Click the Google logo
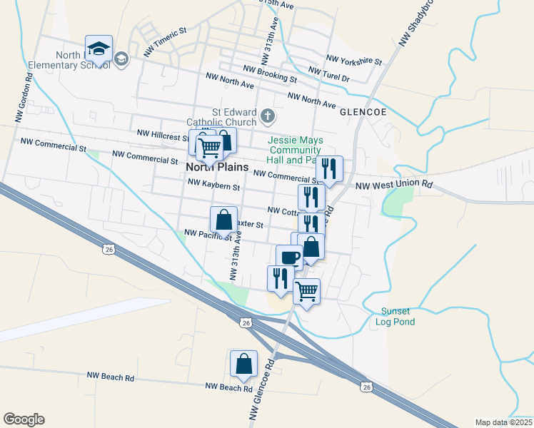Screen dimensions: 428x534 (24, 419)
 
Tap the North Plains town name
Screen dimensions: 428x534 (217, 167)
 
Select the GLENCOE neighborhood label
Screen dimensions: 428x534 (363, 113)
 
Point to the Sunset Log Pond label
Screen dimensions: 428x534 (396, 317)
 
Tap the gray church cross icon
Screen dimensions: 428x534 (268, 115)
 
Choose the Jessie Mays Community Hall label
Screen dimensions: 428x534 (294, 151)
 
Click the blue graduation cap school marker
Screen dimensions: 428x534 (99, 49)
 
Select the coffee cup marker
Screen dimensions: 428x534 (289, 258)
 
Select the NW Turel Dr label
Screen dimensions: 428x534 (328, 74)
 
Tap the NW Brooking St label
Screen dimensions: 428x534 (270, 73)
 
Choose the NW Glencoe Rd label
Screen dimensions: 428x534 (261, 389)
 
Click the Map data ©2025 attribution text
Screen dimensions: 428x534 (503, 422)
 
